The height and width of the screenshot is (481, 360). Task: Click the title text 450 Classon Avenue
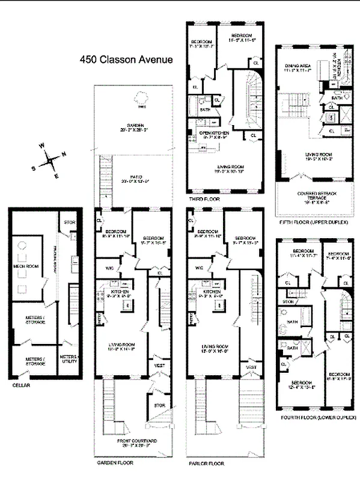pos(127,60)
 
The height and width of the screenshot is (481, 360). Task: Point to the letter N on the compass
pos(64,153)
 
